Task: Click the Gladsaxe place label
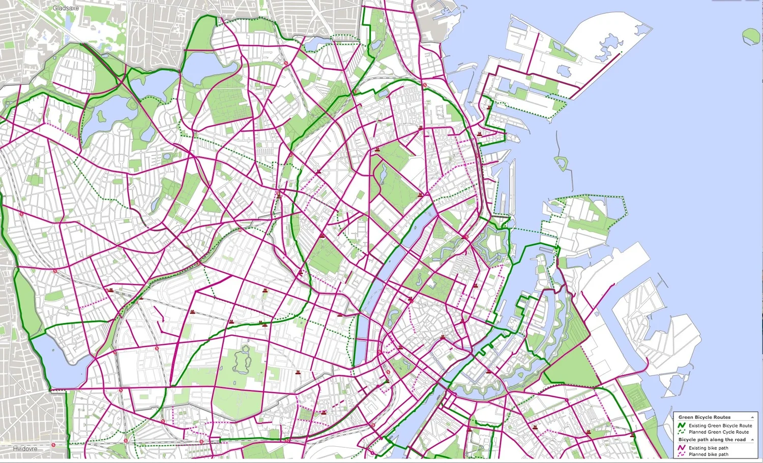[x=66, y=8]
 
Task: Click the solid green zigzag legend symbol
[x=682, y=425]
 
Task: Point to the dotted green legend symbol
[x=682, y=432]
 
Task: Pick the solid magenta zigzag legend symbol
[x=682, y=448]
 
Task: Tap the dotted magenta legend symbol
[x=682, y=454]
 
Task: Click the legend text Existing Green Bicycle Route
[x=720, y=425]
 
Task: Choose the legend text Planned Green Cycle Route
[x=719, y=432]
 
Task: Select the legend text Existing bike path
[x=708, y=448]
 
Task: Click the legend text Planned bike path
[x=708, y=454]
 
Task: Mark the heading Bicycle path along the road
[x=712, y=440]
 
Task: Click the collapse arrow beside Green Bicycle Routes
[x=752, y=417]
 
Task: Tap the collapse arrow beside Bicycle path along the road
[x=752, y=440]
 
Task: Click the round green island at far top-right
[x=751, y=36]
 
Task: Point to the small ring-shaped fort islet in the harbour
[x=561, y=163]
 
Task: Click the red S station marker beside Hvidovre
[x=53, y=445]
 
